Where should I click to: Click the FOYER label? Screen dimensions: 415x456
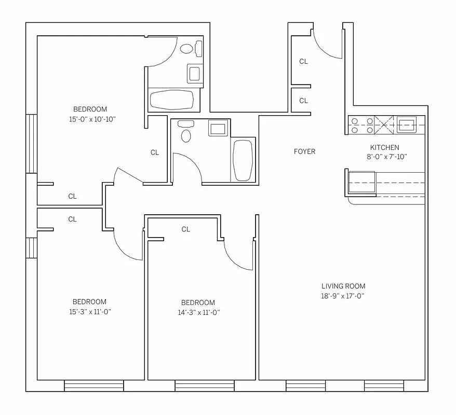pos(304,151)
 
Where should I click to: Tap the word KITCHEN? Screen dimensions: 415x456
pos(384,147)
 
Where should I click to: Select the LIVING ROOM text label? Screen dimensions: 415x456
pos(343,286)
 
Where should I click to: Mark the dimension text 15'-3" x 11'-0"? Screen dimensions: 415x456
pos(89,312)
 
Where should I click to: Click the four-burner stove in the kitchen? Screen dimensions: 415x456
pos(361,125)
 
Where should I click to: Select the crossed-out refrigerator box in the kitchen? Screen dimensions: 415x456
pos(385,125)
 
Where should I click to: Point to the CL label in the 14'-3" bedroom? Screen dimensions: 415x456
pos(186,229)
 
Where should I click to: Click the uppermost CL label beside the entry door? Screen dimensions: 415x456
pos(303,61)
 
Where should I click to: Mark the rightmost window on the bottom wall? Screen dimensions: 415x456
pos(384,386)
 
